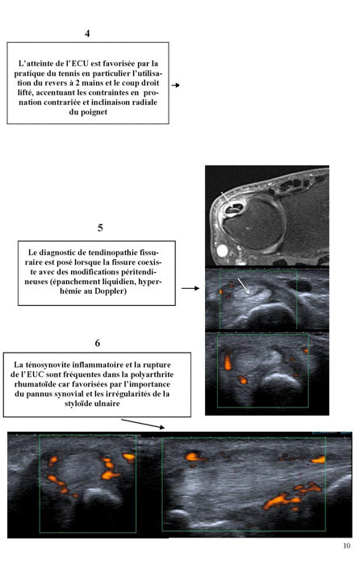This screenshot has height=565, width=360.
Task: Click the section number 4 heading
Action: [x=87, y=34]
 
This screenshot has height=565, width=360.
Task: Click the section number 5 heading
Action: [x=100, y=228]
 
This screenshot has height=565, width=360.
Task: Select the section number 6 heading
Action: [x=98, y=343]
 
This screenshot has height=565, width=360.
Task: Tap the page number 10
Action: [x=346, y=546]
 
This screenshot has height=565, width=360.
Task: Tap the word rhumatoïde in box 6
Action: [x=33, y=384]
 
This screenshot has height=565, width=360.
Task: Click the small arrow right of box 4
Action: [x=175, y=86]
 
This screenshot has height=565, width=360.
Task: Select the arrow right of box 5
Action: [x=190, y=288]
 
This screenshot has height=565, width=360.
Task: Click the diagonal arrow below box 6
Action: [x=143, y=424]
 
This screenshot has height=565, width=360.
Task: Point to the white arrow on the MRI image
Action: [x=227, y=199]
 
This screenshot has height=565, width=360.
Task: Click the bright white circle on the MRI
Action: [x=222, y=250]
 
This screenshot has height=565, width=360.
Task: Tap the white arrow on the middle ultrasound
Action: [x=243, y=286]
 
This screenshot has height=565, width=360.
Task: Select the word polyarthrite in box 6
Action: [x=152, y=375]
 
